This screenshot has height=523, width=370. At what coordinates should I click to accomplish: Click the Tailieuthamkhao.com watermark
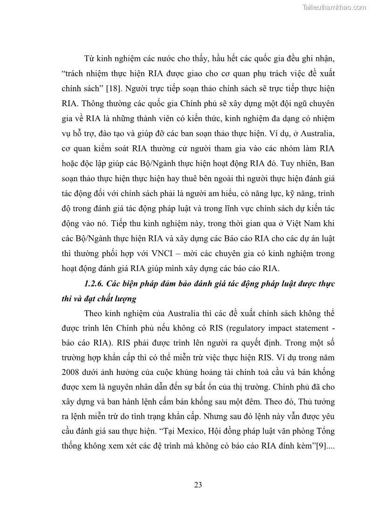[334, 7]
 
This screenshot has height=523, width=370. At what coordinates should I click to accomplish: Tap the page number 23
[198, 485]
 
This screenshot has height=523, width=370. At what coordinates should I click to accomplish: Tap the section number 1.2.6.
[96, 283]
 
